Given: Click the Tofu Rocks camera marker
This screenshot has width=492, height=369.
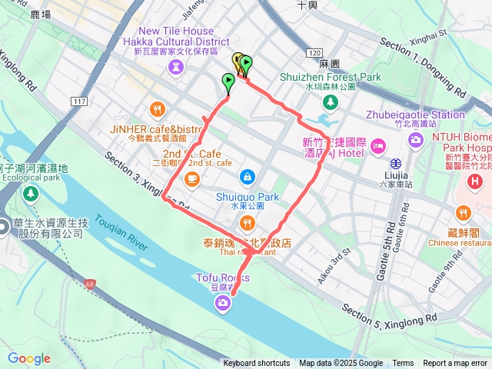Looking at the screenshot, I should (x=222, y=305).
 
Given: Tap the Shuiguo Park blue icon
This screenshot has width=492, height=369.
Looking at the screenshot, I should (x=247, y=177).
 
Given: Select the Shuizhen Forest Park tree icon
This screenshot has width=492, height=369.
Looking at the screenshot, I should (x=331, y=102).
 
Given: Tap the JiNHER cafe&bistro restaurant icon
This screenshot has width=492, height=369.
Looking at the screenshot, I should (x=158, y=108).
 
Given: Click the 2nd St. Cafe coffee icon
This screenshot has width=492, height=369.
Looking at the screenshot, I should (x=189, y=179).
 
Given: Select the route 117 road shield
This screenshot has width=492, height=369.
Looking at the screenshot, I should (x=80, y=101).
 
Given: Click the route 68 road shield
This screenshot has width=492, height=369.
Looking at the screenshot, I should (x=91, y=285).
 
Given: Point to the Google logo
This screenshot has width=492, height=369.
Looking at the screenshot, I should (x=28, y=358).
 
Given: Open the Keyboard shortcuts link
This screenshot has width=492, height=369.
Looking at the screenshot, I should (x=257, y=364).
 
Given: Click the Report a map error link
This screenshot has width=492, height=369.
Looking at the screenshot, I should (x=455, y=364).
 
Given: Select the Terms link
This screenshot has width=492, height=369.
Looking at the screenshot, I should (x=403, y=364).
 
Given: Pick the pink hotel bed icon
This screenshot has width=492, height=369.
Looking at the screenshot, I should (x=377, y=145).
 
